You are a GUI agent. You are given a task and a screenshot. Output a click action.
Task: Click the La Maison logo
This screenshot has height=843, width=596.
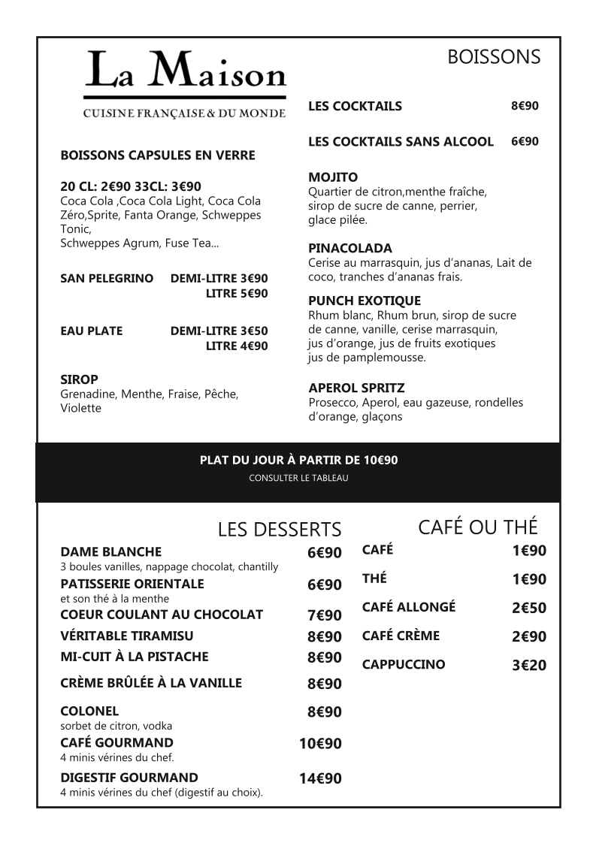coord(185,83)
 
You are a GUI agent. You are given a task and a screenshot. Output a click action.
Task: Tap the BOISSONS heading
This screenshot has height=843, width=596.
coord(494,57)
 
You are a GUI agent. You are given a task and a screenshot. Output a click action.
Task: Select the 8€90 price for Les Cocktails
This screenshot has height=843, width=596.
coord(525,106)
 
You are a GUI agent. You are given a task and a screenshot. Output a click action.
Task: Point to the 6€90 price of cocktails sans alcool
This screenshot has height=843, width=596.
coord(525,141)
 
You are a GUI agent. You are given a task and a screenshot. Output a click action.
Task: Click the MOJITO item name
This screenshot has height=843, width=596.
coord(333,177)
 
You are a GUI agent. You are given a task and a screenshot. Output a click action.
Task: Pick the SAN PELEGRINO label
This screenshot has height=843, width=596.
coord(107,278)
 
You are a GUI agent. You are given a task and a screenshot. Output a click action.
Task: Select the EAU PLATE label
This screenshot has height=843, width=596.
coord(91,331)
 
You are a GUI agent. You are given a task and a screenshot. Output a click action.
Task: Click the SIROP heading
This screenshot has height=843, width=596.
coord(79,379)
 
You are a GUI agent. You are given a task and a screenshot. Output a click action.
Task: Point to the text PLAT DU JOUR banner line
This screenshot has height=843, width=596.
coord(298,460)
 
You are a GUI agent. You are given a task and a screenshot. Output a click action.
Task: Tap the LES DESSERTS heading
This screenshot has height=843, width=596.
coord(280,530)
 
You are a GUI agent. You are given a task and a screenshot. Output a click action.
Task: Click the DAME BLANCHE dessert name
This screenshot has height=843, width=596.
coord(111,551)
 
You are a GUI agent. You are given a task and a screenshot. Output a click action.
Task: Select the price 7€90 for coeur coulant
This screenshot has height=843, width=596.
coord(324,615)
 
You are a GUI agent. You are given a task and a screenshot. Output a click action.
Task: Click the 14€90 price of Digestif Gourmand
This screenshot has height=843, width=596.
coord(320,778)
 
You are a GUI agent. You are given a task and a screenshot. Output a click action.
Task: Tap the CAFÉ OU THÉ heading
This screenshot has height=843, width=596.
coord(478,527)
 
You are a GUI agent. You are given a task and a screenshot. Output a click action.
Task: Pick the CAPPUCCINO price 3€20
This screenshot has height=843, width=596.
coord(529,665)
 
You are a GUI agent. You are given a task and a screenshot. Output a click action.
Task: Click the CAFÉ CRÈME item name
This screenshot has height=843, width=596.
coord(401,636)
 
